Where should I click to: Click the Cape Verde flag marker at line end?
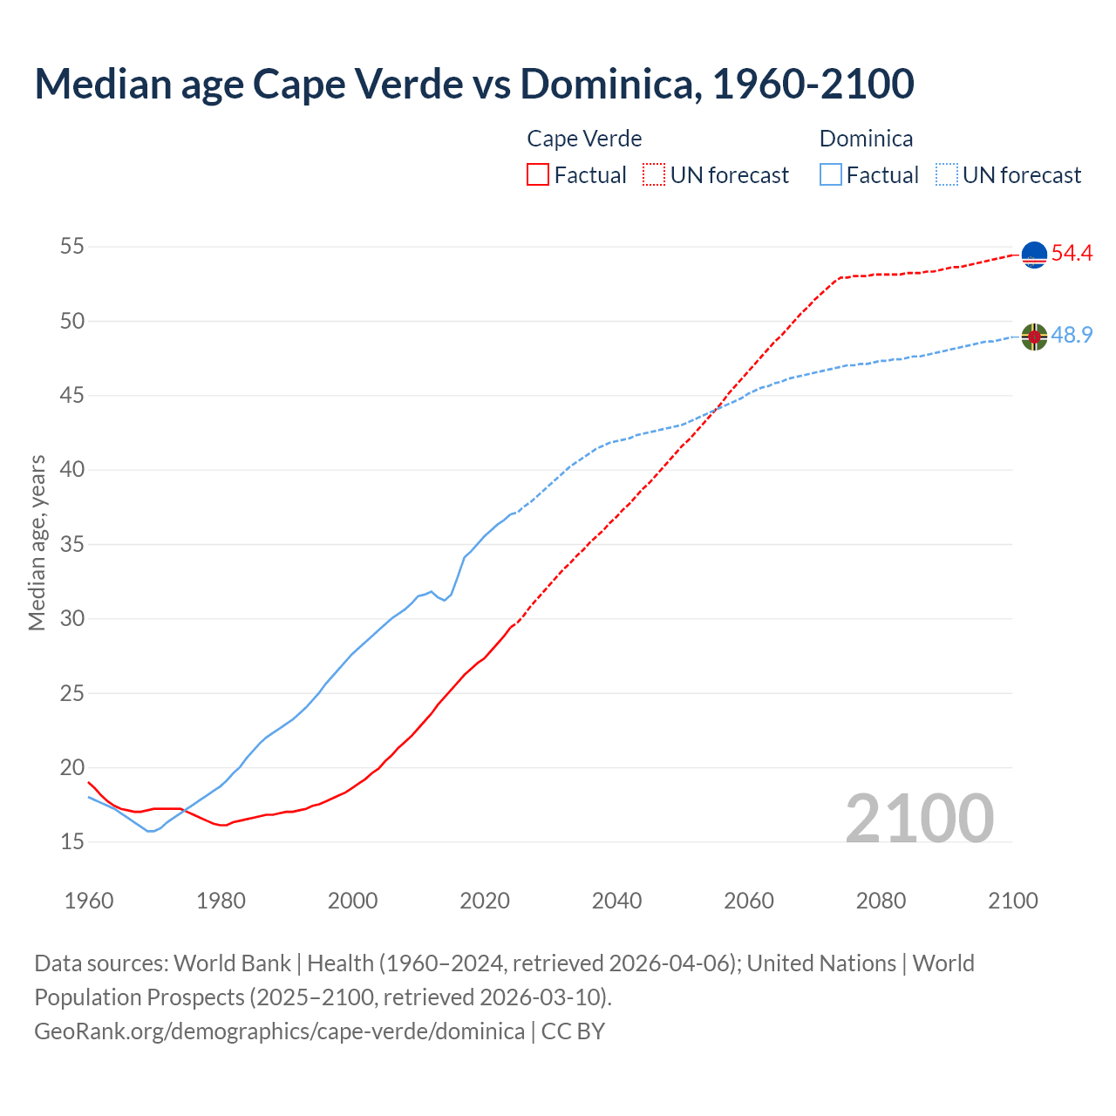pyautogui.click(x=1034, y=254)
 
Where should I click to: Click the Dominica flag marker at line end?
pyautogui.click(x=1034, y=336)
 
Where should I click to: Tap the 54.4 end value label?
pyautogui.click(x=1072, y=254)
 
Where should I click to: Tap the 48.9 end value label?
pyautogui.click(x=1072, y=336)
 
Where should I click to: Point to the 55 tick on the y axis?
pyautogui.click(x=71, y=247)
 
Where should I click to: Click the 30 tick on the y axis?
pyautogui.click(x=71, y=619)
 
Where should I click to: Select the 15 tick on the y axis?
pyautogui.click(x=71, y=842)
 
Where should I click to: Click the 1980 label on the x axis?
pyautogui.click(x=221, y=901)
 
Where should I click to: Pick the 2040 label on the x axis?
pyautogui.click(x=616, y=901)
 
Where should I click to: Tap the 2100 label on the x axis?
pyautogui.click(x=1012, y=901)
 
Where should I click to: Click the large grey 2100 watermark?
pyautogui.click(x=919, y=818)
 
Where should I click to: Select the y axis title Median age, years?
pyautogui.click(x=37, y=542)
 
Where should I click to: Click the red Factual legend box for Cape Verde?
pyautogui.click(x=538, y=175)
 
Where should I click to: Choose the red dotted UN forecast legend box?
pyautogui.click(x=654, y=175)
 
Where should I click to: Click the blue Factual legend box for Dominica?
pyautogui.click(x=831, y=175)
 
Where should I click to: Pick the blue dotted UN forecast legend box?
pyautogui.click(x=947, y=175)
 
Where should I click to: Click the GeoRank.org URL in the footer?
pyautogui.click(x=279, y=1031)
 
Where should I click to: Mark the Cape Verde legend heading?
pyautogui.click(x=584, y=139)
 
